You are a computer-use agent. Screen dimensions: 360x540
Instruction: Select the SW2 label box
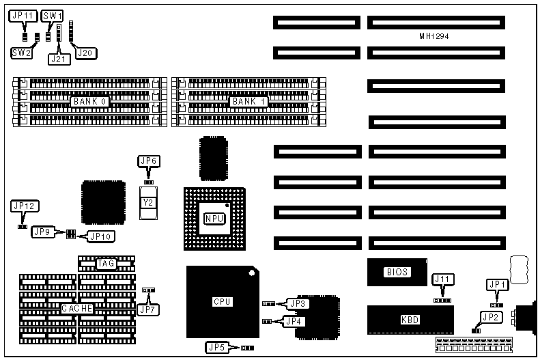tap(20, 52)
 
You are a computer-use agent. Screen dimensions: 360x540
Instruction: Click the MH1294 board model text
tap(438, 36)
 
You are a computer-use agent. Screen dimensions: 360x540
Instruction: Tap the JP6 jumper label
tap(148, 161)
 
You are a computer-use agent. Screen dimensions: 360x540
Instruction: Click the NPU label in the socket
tap(214, 219)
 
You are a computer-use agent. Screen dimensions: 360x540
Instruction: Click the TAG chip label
tap(106, 263)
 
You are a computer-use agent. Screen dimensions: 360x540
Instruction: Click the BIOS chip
tap(397, 272)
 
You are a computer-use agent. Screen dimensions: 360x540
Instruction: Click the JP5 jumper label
tap(216, 348)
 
